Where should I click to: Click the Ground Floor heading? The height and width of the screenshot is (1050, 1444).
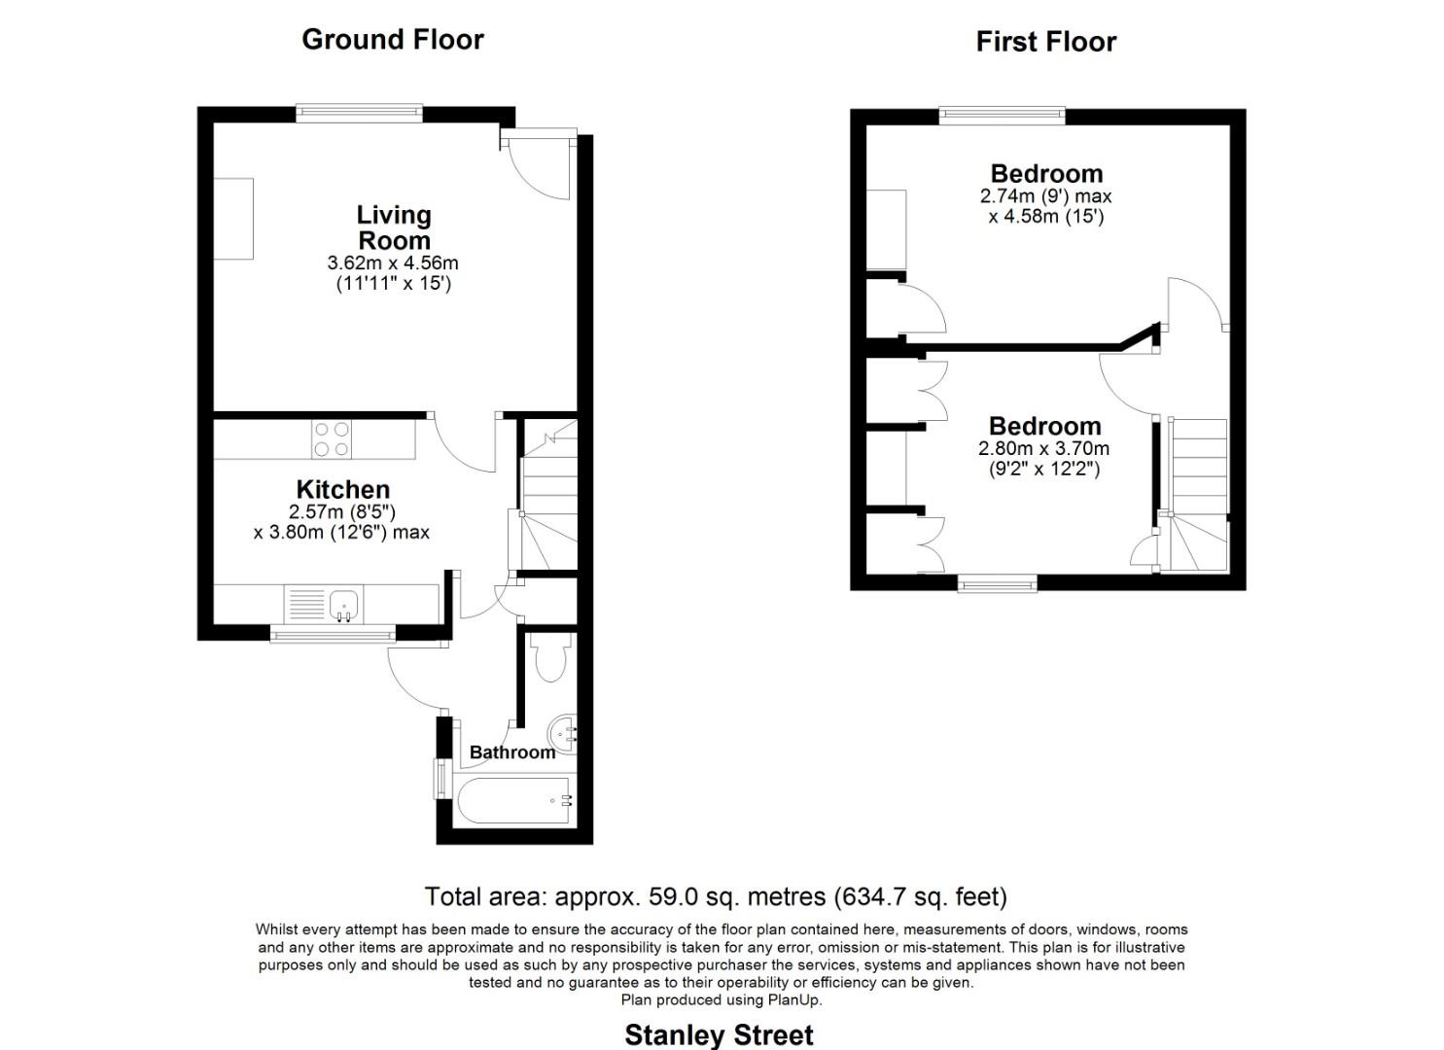coord(392,39)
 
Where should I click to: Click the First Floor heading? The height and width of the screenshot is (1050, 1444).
coord(1045,42)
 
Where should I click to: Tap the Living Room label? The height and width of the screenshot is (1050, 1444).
coord(394,227)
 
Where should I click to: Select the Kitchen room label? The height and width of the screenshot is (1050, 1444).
coord(342,489)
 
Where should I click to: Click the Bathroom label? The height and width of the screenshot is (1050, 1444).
coord(511,752)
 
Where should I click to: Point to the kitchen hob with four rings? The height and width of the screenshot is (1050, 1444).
coord(333,438)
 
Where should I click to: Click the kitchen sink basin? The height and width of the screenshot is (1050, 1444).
coord(344,605)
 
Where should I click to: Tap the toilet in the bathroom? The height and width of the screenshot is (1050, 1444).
coord(550,660)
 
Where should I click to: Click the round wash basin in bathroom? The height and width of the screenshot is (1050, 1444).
coord(563,732)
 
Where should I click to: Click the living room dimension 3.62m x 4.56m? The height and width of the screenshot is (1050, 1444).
coord(393,263)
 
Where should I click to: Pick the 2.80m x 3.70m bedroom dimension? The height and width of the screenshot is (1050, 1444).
coord(1043,449)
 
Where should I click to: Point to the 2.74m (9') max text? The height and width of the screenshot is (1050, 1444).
coord(1045,196)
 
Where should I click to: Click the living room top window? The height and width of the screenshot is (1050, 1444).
coord(360,114)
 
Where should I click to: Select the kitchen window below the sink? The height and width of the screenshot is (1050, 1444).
coord(333,635)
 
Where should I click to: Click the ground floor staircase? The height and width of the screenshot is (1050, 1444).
coord(549,496)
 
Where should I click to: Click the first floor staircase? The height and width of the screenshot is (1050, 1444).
coord(1199,496)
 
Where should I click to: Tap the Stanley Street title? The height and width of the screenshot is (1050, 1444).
coord(719,1034)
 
